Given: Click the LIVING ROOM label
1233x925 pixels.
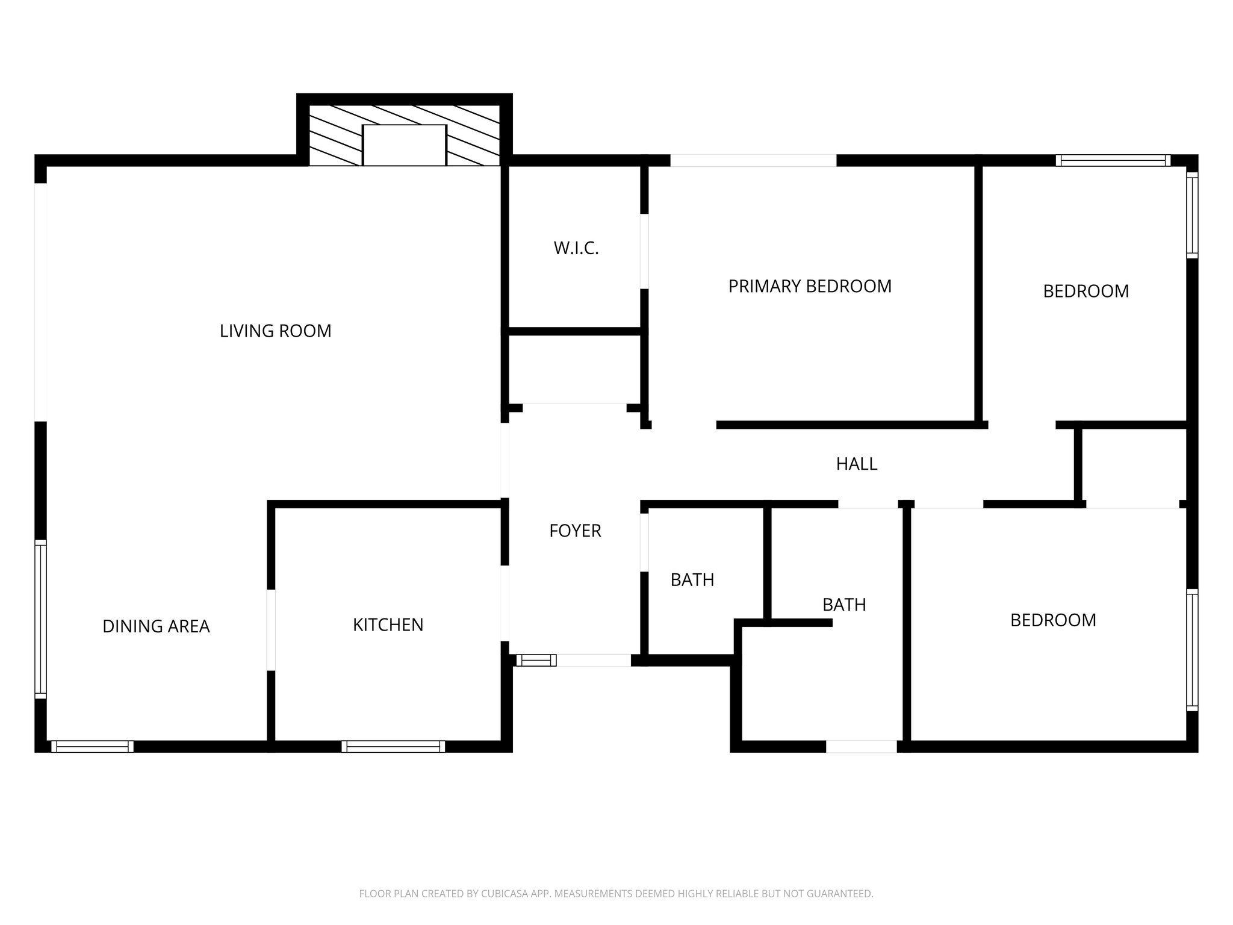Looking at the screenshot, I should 275,331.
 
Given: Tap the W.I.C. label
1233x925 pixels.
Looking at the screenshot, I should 576,249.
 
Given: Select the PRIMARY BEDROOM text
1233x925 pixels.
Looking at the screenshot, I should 810,286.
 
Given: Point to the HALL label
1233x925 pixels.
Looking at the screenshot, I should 856,464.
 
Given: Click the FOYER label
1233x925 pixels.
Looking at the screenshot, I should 575,531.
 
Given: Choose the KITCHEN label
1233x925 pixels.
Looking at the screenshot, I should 388,625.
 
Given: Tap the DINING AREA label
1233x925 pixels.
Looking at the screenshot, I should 156,626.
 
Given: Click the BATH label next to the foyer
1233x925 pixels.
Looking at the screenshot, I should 692,580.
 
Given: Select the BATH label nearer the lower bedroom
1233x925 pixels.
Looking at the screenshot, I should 844,605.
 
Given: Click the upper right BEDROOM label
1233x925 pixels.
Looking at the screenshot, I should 1085,291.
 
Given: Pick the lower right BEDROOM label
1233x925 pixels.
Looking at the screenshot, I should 1053,620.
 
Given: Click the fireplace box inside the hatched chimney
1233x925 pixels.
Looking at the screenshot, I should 404,145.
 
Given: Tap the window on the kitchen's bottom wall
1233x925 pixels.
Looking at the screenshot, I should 393,747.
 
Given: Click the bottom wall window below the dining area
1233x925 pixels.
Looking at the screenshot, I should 92,747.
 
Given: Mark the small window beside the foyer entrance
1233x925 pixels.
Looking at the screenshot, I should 536,661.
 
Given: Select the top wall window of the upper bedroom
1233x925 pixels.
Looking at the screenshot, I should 1113,160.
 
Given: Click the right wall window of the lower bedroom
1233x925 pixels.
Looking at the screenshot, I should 1192,650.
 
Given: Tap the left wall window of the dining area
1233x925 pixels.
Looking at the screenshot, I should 40,618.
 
